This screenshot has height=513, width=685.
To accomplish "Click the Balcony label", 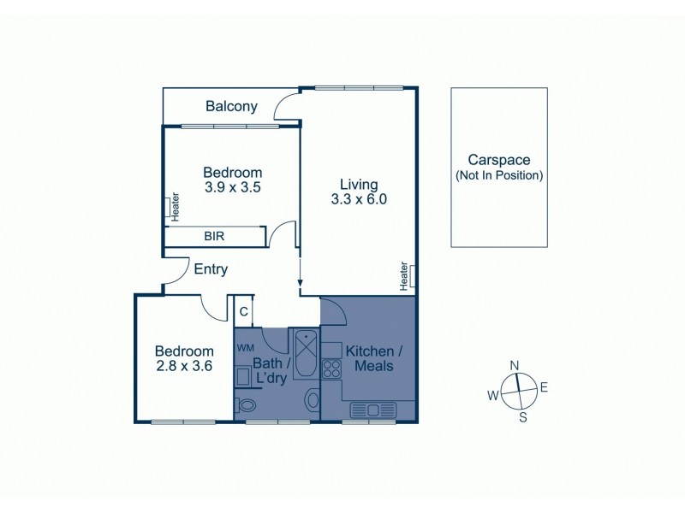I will pos(231,107).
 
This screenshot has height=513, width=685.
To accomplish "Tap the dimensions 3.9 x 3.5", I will pos(233,186).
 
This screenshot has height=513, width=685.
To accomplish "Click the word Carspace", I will pos(499,160).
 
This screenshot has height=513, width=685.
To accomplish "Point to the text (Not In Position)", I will pos(499,175).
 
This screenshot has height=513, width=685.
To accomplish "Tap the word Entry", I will pos(211,269).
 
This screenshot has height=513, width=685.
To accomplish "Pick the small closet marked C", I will pos(244,312).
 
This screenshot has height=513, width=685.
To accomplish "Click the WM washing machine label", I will pos(246,348).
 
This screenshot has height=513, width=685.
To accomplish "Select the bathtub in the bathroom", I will pos(305,351).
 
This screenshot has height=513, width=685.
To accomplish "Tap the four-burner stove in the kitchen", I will pos(330,370).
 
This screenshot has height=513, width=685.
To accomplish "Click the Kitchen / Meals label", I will pos(369,358).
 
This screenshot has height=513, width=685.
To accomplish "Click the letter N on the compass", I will pos(515,366).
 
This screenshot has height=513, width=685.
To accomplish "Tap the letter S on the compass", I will pos(523,416).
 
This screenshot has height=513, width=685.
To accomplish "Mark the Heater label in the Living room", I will pos(404,275).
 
